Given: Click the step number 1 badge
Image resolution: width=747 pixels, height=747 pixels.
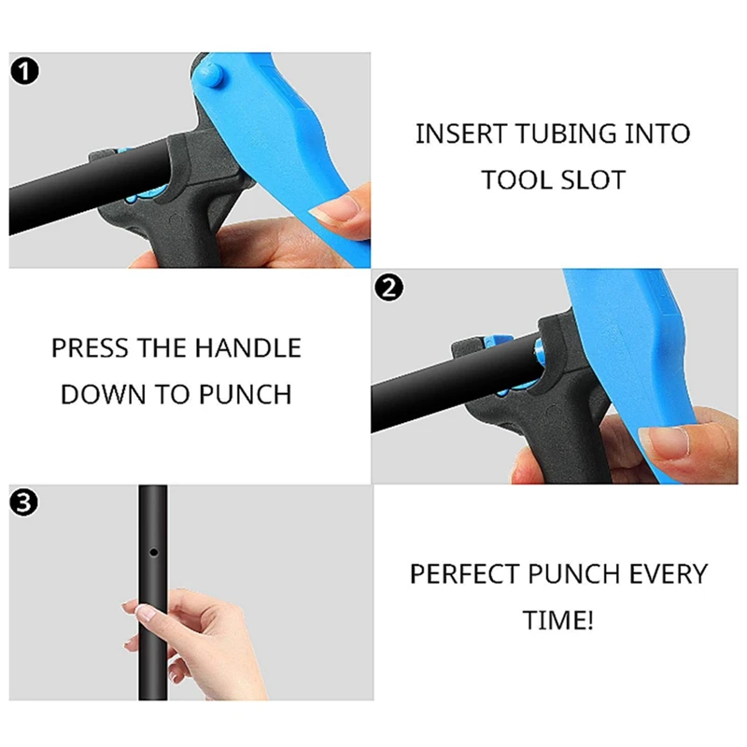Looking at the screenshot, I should tap(24, 71).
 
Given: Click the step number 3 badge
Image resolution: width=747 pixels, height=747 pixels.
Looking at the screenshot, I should tap(24, 504).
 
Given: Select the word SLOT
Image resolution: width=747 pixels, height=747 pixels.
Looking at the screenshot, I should tap(593, 179).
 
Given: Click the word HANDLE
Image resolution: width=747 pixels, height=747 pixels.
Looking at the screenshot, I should tap(247, 348).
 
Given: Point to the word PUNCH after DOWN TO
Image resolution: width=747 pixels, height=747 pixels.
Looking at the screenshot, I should tap(245, 394).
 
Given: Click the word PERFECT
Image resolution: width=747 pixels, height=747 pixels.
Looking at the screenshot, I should tap(467, 573).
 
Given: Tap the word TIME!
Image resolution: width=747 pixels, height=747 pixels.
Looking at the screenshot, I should tap(558, 620).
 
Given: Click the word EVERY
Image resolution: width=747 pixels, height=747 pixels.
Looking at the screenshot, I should tap(665, 573).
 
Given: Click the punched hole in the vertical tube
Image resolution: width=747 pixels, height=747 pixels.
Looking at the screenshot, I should tap(154, 553).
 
